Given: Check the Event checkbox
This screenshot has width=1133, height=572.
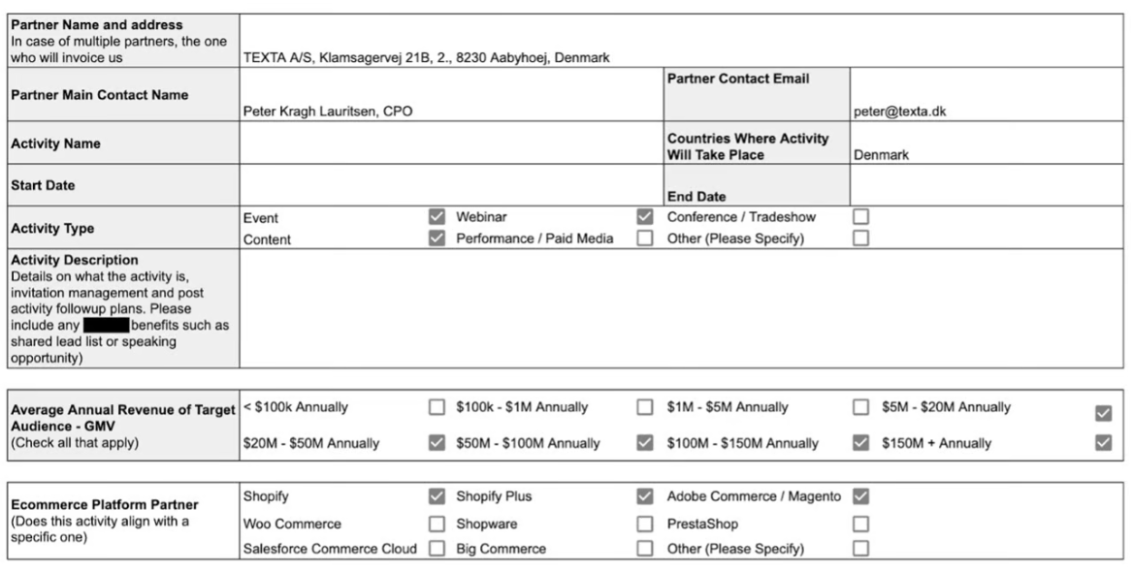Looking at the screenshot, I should coord(437,217).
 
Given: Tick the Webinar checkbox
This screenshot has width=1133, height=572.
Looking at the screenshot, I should coord(645,217).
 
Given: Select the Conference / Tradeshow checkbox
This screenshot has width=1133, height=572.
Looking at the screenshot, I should coord(860,217).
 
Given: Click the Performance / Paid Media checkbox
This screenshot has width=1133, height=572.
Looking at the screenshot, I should coord(645,238).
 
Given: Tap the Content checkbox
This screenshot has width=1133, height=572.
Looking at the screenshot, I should coord(437,238).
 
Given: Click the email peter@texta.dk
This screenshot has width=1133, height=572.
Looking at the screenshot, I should coord(899,111).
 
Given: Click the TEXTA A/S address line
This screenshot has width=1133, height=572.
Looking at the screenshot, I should coord(426,57).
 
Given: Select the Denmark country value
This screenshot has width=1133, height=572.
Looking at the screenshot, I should coord(881,154).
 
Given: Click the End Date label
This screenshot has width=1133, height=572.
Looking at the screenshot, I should coord(696,197).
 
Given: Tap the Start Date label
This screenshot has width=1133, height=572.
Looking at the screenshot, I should coord(43,184).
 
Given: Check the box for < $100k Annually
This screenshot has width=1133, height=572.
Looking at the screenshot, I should coord(437,407).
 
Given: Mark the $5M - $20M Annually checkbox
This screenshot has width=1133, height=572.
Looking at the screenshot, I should coord(1103,413).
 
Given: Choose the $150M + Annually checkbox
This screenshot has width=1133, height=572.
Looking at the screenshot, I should coord(1103,443).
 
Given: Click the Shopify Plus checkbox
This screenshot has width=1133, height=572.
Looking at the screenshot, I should coord(645,496).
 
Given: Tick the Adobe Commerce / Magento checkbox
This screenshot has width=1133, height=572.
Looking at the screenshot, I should coord(860,496).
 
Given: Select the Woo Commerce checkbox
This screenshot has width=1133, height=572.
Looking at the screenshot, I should coord(437,524).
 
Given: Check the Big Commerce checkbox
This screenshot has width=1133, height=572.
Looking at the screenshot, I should coord(645,549).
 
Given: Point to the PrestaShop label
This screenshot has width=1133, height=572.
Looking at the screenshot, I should coord(702,524).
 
